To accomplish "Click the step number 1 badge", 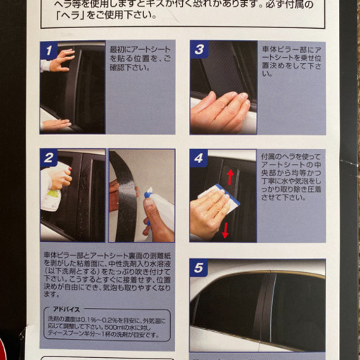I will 49,51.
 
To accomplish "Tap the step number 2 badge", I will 49,158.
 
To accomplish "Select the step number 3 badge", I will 199,50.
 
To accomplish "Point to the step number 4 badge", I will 199,158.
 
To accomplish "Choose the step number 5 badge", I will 199,268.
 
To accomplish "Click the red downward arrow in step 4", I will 226,229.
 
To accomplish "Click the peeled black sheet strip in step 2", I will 127,197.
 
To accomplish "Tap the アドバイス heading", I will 66,308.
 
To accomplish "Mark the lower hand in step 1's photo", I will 56,124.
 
